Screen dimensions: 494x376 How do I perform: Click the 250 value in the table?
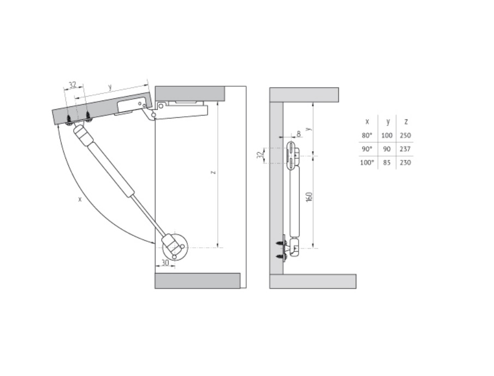coord(405,135)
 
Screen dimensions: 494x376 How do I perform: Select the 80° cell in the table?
coord(367,135)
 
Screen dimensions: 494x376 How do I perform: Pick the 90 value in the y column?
coord(387,148)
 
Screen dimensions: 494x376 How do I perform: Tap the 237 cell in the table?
coord(405,148)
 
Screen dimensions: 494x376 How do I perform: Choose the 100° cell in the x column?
coord(367,163)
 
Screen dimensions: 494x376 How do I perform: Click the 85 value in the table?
coord(387,163)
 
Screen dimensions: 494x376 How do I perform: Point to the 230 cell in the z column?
coord(405,163)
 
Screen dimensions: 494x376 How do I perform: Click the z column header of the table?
coord(406,122)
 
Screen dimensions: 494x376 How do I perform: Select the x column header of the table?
coord(367,122)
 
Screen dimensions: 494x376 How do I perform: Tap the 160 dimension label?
coord(309,196)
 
